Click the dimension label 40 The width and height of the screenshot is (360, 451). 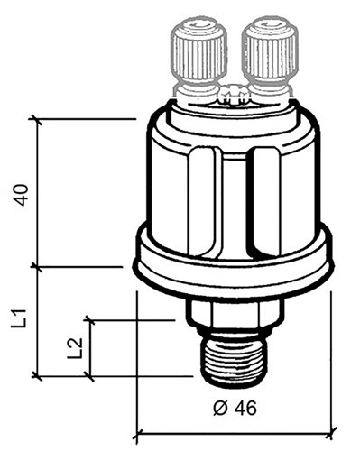(x=22, y=195)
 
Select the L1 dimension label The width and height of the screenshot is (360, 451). (x=19, y=318)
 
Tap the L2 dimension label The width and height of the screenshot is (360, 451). (x=74, y=348)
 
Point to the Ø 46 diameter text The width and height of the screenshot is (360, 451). (x=235, y=408)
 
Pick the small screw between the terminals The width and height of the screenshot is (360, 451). (x=234, y=94)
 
